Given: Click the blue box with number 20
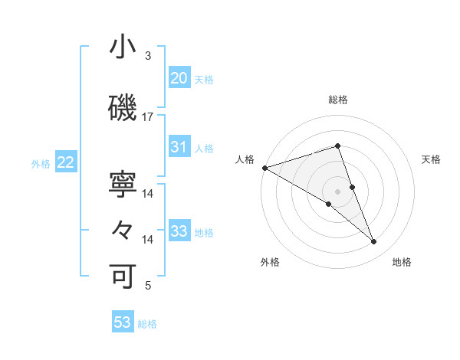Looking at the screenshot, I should pyautogui.click(x=179, y=78).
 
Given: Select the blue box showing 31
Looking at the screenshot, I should pyautogui.click(x=179, y=147).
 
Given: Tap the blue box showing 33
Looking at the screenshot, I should pyautogui.click(x=179, y=231).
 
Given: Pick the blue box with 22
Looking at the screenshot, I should pyautogui.click(x=65, y=162).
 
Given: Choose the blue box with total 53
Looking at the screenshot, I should pyautogui.click(x=123, y=322).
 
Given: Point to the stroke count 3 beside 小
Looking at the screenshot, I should pyautogui.click(x=147, y=56).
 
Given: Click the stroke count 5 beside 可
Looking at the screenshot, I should pyautogui.click(x=149, y=286).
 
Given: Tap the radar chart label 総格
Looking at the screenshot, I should pyautogui.click(x=337, y=100).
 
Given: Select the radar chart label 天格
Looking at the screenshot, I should pyautogui.click(x=431, y=159).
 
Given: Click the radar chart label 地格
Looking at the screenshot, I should pyautogui.click(x=402, y=263).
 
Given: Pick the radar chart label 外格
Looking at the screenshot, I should pyautogui.click(x=270, y=263).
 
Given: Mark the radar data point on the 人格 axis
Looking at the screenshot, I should pyautogui.click(x=264, y=167).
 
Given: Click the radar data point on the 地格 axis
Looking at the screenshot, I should pyautogui.click(x=374, y=242).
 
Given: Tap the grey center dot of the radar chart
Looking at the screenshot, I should pyautogui.click(x=337, y=191).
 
